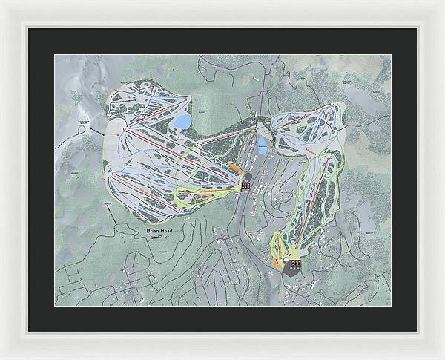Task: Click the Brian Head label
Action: tap(161, 232)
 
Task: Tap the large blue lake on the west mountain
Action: tap(182, 120)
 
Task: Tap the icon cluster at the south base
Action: tap(295, 263)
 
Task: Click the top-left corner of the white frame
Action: tap(2, 2)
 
